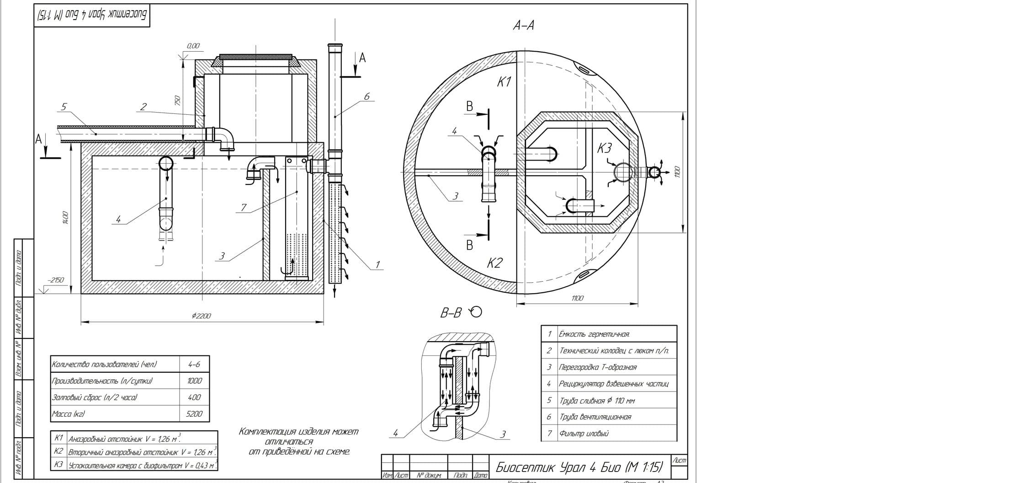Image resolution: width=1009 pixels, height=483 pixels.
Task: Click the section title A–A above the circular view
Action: click(523, 26)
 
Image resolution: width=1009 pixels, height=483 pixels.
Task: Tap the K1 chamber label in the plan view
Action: click(504, 82)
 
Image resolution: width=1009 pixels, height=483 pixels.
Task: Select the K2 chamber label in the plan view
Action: click(494, 263)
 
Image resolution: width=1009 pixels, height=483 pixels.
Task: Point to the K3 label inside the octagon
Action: click(604, 148)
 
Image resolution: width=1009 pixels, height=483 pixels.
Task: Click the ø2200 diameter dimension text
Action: click(202, 316)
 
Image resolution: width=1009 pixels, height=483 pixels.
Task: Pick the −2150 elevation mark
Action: click(55, 280)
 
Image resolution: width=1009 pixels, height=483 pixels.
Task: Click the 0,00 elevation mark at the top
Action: click(193, 46)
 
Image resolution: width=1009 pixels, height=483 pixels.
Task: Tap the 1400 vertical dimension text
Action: click(65, 218)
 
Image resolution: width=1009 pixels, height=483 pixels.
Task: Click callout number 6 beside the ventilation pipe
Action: click(366, 97)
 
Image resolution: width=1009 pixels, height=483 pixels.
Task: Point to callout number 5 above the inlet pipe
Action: click(64, 107)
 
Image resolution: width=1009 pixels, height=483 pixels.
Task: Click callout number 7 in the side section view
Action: click(244, 208)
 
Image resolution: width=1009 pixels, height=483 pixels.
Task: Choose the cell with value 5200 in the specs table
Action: click(194, 414)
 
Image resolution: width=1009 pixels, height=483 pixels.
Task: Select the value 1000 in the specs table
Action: click(194, 381)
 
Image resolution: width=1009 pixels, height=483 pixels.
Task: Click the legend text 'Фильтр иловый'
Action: click(584, 433)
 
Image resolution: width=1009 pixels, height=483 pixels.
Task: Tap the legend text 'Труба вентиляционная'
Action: click(595, 417)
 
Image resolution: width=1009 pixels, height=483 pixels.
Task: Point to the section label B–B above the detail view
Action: click(451, 313)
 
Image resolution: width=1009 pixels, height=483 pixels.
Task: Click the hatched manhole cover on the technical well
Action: click(256, 57)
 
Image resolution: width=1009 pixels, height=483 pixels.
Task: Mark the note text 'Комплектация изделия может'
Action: click(299, 431)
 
